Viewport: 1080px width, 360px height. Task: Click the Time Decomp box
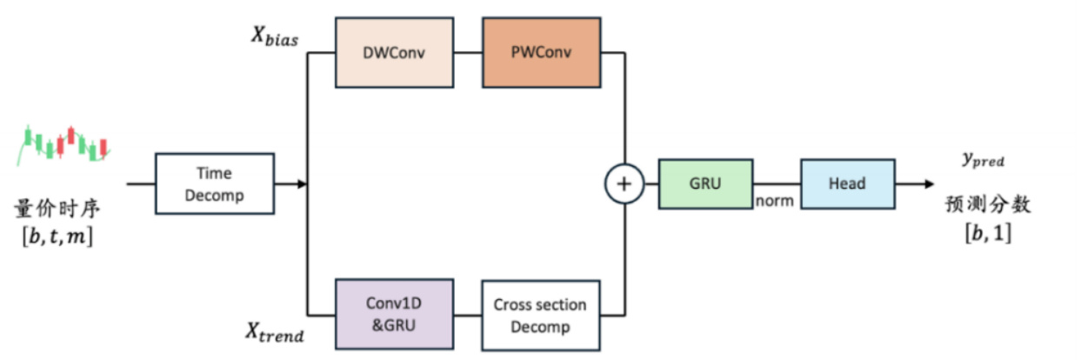[x=214, y=183]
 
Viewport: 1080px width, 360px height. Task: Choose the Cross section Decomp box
[x=540, y=316]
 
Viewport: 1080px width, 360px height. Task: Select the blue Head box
[x=847, y=183]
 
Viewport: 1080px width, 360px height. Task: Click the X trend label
[x=275, y=330]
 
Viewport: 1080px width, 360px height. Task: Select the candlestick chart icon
[x=63, y=143]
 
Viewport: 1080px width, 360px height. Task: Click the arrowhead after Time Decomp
[x=302, y=183]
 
